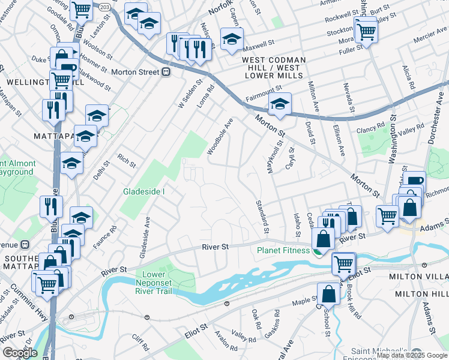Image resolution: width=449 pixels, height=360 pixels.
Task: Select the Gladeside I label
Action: click(144, 191)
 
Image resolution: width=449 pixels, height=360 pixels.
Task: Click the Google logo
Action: click(20, 353)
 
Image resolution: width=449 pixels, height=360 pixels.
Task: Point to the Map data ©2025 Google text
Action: click(412, 355)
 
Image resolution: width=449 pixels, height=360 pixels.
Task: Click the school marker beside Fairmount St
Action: click(279, 104)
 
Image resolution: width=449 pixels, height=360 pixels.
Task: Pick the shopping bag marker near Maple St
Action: click(330, 294)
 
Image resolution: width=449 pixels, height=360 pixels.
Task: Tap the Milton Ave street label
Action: click(314, 95)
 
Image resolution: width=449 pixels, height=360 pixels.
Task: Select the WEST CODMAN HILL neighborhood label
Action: click(274, 61)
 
